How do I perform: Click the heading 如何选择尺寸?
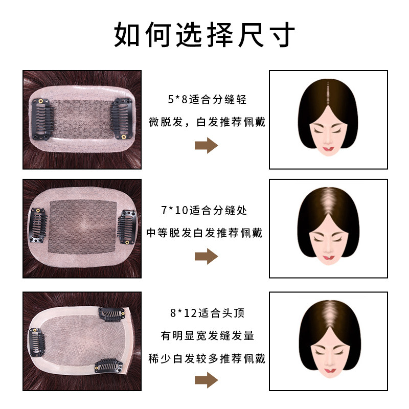204,35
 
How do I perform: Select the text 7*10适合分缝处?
203,210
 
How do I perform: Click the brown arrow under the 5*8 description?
206,146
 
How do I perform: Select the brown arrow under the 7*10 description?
206,256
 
